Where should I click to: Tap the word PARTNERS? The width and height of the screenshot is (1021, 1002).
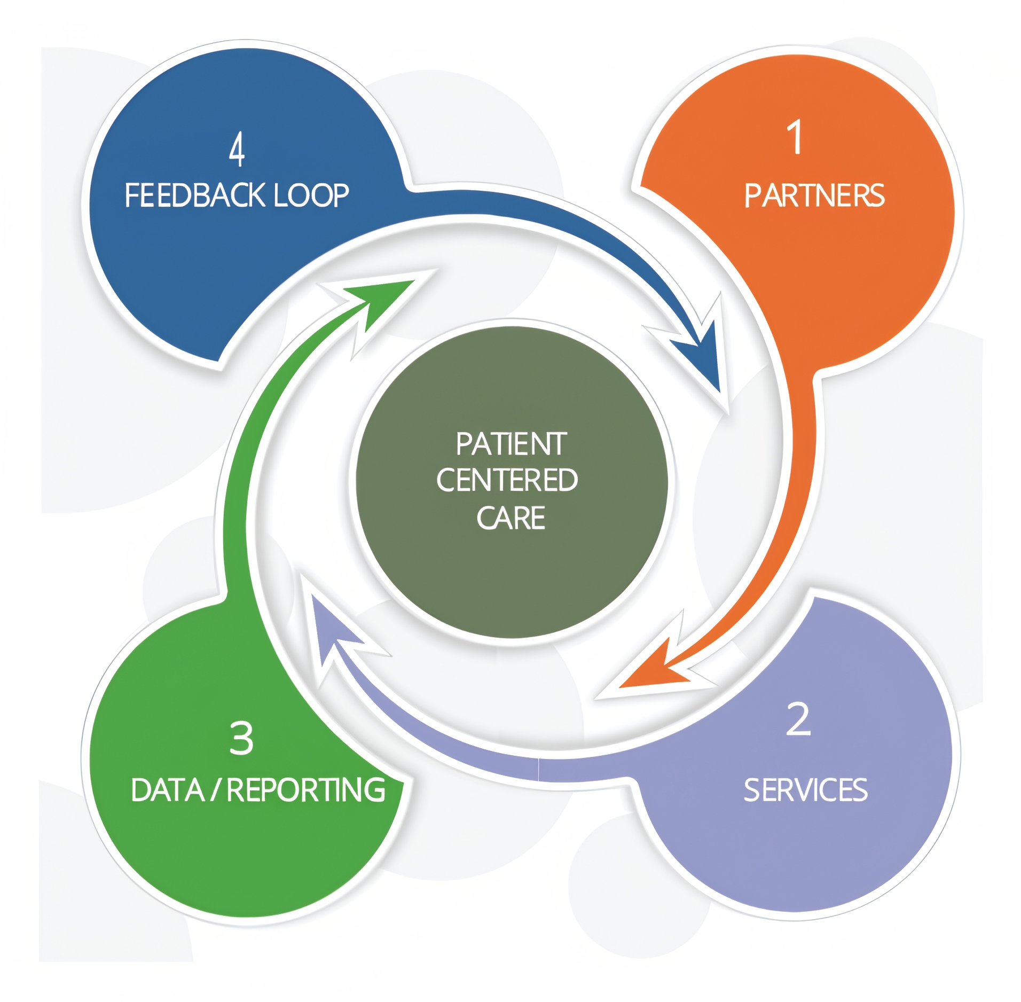pyautogui.click(x=814, y=195)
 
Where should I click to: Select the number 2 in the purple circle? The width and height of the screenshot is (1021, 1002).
pyautogui.click(x=798, y=719)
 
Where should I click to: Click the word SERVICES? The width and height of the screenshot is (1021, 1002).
pyautogui.click(x=805, y=790)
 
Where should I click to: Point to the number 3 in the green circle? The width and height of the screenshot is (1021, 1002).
pyautogui.click(x=241, y=738)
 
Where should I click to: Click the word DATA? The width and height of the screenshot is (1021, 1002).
pyautogui.click(x=167, y=790)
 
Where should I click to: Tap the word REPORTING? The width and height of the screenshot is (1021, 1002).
pyautogui.click(x=305, y=790)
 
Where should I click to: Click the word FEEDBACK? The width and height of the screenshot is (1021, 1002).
pyautogui.click(x=195, y=195)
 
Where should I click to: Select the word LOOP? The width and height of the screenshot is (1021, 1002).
pyautogui.click(x=311, y=195)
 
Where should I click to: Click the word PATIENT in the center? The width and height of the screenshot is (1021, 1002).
pyautogui.click(x=511, y=444)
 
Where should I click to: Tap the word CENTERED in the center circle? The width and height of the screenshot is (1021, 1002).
pyautogui.click(x=507, y=480)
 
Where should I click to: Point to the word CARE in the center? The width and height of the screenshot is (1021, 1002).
pyautogui.click(x=510, y=518)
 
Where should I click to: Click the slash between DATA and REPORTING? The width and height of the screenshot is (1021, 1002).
pyautogui.click(x=215, y=790)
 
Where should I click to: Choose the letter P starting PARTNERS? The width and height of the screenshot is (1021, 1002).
pyautogui.click(x=752, y=195)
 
